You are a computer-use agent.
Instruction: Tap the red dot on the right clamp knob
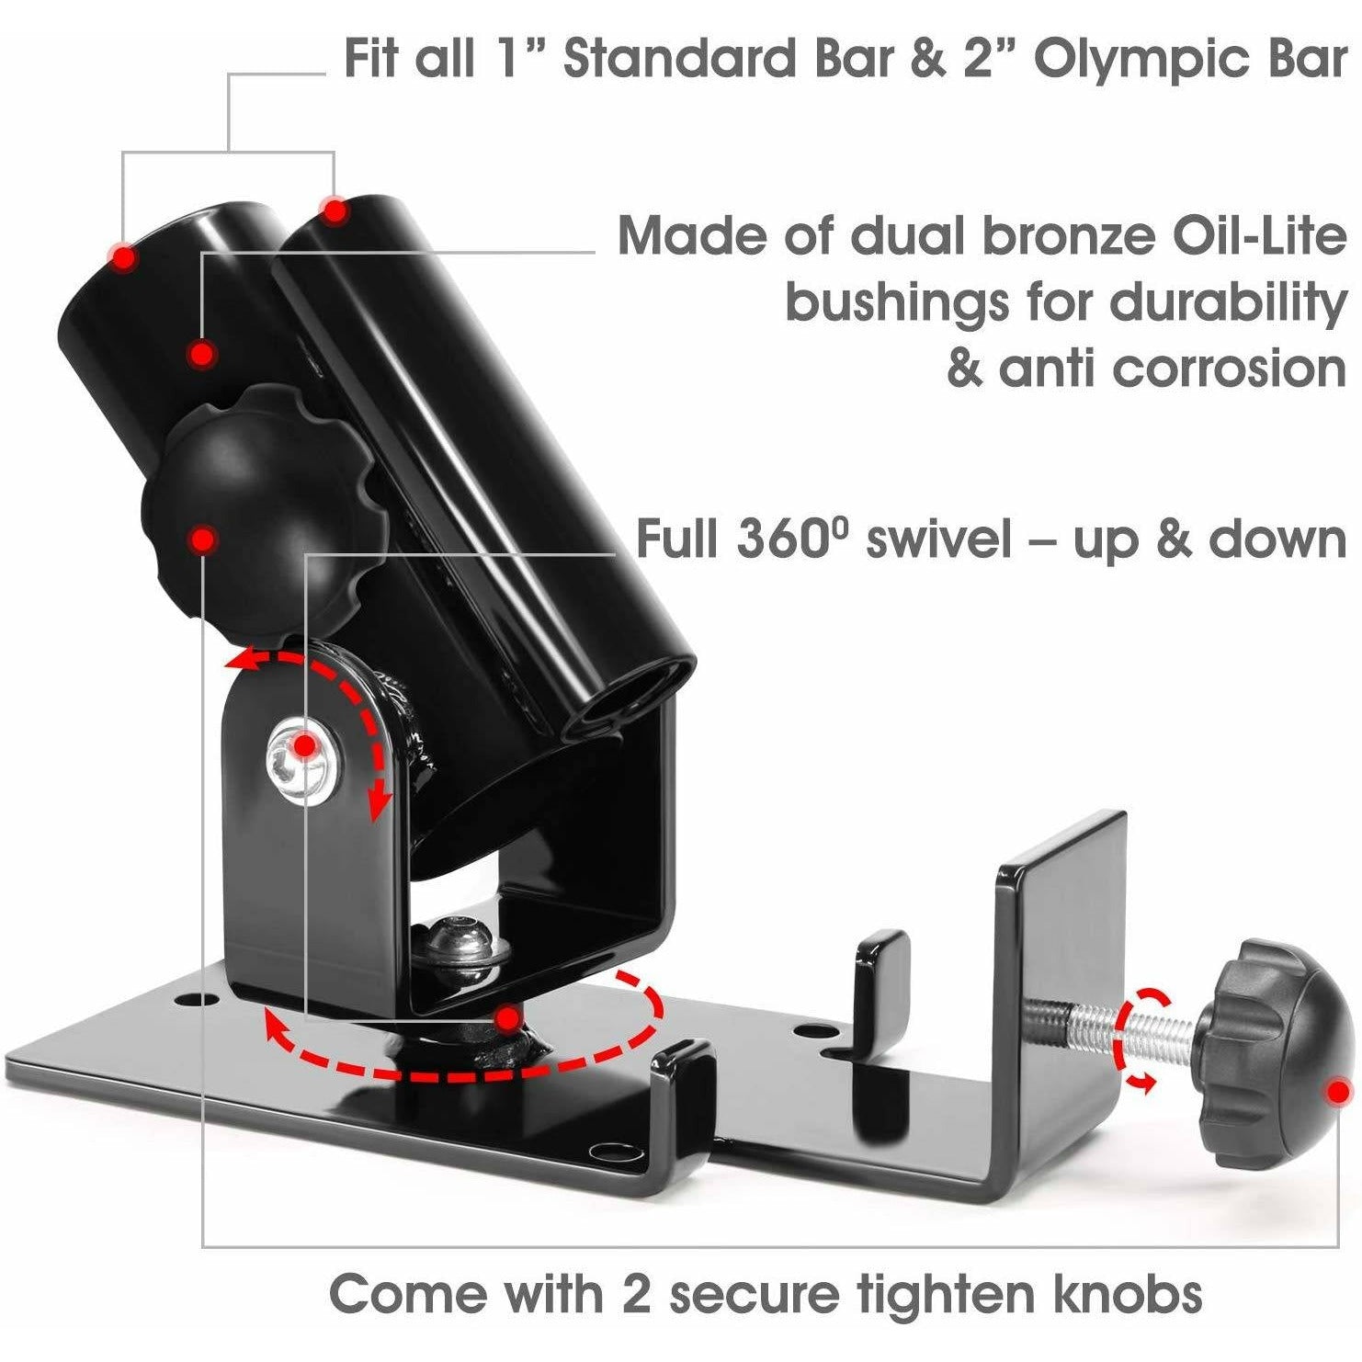[1338, 1091]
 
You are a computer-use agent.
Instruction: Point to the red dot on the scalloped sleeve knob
[203, 539]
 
